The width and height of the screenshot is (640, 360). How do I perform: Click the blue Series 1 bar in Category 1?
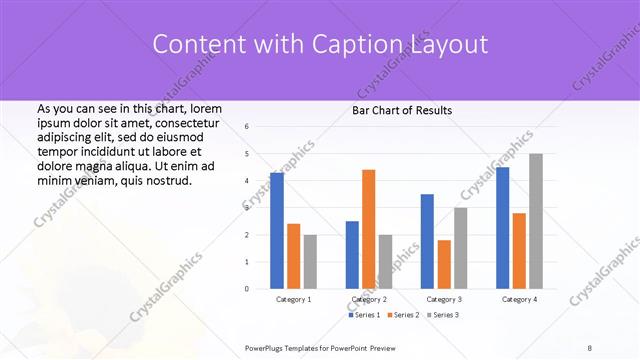click(x=277, y=230)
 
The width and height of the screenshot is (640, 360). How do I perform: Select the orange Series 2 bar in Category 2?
click(x=368, y=229)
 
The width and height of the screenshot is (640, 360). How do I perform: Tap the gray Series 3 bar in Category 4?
click(x=536, y=221)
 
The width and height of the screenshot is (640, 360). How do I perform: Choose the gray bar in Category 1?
click(x=310, y=261)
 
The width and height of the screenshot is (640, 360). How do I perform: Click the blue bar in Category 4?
click(x=502, y=227)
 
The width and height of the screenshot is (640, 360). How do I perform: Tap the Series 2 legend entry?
click(x=404, y=315)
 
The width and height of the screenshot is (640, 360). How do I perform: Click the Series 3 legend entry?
click(x=443, y=315)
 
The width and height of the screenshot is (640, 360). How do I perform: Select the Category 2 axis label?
click(x=369, y=299)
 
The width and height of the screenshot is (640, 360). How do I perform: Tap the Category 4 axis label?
click(x=519, y=299)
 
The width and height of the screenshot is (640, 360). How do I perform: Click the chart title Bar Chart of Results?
click(x=402, y=110)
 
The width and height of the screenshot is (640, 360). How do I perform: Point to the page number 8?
click(x=590, y=347)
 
